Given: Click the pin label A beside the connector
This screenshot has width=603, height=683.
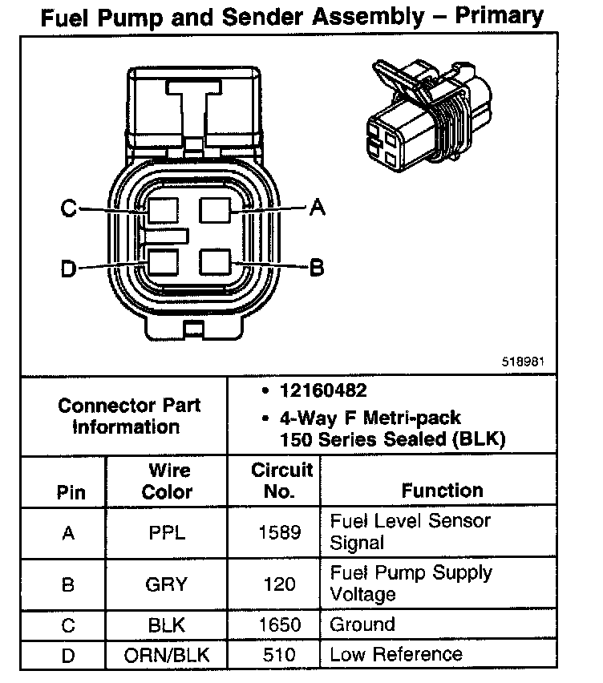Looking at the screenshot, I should [318, 208].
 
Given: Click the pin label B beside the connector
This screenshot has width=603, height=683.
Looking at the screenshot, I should [317, 267].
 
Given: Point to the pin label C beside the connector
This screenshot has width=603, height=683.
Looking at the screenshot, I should [69, 209].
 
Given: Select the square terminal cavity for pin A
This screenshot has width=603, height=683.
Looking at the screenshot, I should [216, 210].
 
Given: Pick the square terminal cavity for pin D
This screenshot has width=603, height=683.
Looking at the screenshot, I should [163, 263].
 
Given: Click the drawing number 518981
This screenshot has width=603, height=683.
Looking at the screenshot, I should [524, 361].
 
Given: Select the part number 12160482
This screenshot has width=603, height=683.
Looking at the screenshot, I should [322, 391].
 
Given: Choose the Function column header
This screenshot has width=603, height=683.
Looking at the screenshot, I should [442, 490].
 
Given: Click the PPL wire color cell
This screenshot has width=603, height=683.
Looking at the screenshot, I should [167, 532].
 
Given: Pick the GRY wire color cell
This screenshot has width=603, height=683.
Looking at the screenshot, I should [167, 584].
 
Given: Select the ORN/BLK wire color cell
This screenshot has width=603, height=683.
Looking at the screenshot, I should [167, 655].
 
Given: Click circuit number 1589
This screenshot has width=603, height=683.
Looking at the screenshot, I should [279, 532].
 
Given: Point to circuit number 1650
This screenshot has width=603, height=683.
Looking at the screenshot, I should [279, 624].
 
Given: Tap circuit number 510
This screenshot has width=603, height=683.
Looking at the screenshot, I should [279, 655].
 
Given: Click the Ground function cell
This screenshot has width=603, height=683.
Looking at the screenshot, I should [362, 624].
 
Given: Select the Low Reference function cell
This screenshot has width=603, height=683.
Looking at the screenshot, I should [396, 655].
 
